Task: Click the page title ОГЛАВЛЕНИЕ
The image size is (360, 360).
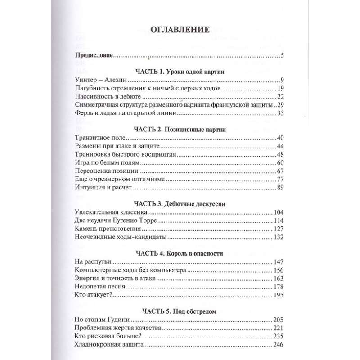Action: point(180,31)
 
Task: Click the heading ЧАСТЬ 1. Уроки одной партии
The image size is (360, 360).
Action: point(180,72)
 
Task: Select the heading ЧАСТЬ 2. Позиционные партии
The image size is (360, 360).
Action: point(180,130)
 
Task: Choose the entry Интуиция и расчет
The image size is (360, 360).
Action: point(104,187)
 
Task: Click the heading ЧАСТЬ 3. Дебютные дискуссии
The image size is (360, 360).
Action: point(180,204)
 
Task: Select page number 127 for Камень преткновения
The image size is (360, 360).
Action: point(279,229)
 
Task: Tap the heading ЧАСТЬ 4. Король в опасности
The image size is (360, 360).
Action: point(180,253)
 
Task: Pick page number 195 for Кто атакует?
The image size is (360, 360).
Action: point(279,295)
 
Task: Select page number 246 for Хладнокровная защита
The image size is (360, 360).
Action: point(279,344)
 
